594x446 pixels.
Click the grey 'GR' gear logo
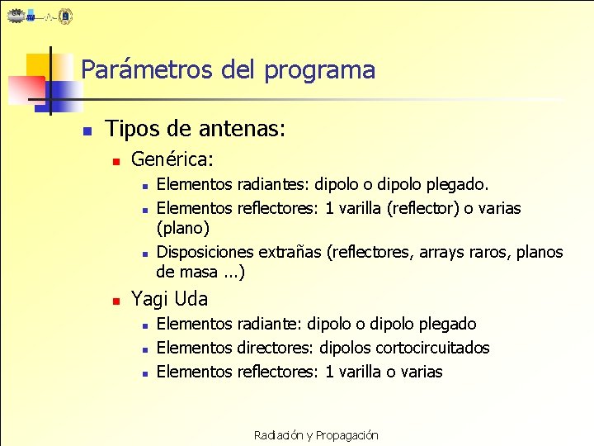17,15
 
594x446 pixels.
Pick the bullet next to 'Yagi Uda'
117,300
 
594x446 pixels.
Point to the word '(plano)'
183,227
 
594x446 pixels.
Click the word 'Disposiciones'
205,252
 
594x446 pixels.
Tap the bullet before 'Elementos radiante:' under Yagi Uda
144,325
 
